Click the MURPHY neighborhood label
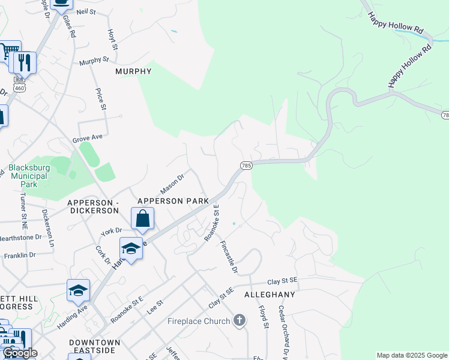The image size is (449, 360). [133, 71]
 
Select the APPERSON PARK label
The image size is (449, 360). [173, 201]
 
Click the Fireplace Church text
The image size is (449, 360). [199, 321]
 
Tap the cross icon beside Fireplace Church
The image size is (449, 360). [240, 320]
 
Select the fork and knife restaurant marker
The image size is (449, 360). [24, 61]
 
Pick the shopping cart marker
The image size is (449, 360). [8, 52]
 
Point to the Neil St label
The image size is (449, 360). [86, 11]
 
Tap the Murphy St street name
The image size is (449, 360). [94, 61]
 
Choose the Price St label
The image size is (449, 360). [101, 99]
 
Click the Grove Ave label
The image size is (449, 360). [88, 138]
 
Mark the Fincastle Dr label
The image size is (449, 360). [229, 256]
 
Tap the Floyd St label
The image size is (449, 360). [263, 317]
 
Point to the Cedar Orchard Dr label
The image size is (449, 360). [283, 327]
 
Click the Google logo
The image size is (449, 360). [19, 353]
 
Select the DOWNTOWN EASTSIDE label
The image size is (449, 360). [95, 347]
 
